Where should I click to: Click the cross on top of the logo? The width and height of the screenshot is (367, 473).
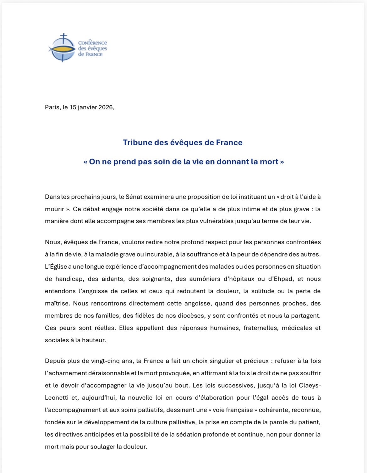(64, 37)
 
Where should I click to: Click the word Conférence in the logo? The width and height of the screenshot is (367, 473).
(92, 43)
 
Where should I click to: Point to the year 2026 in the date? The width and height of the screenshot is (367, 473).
(106, 107)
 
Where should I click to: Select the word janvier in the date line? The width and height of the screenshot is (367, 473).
(87, 107)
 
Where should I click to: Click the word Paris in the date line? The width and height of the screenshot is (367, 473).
(52, 107)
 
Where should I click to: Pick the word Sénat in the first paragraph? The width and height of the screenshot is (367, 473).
(134, 197)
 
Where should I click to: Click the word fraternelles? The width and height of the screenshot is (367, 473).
(260, 328)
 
